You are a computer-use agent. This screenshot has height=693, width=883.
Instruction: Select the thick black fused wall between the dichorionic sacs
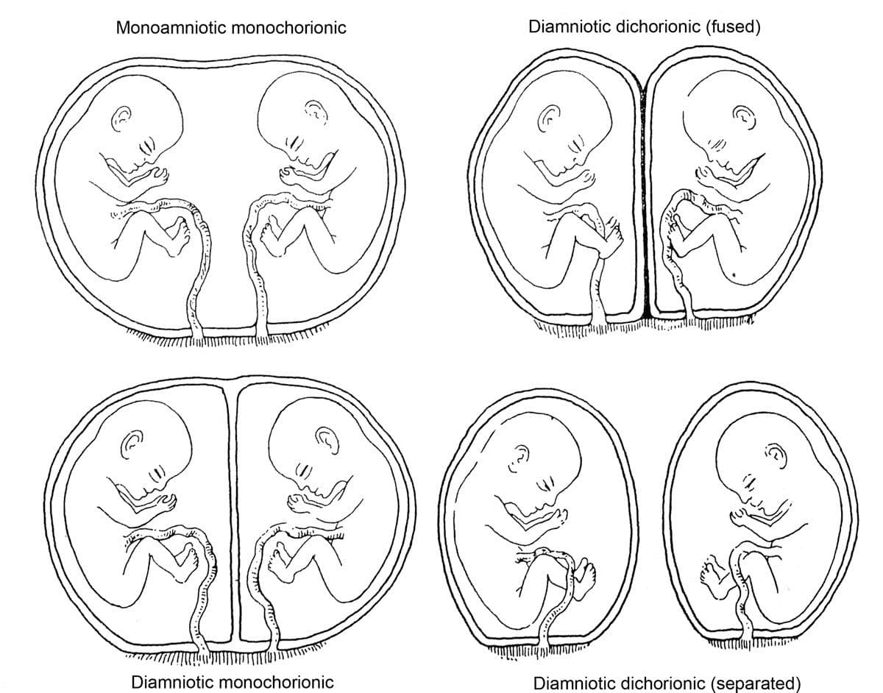[x=645, y=199]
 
